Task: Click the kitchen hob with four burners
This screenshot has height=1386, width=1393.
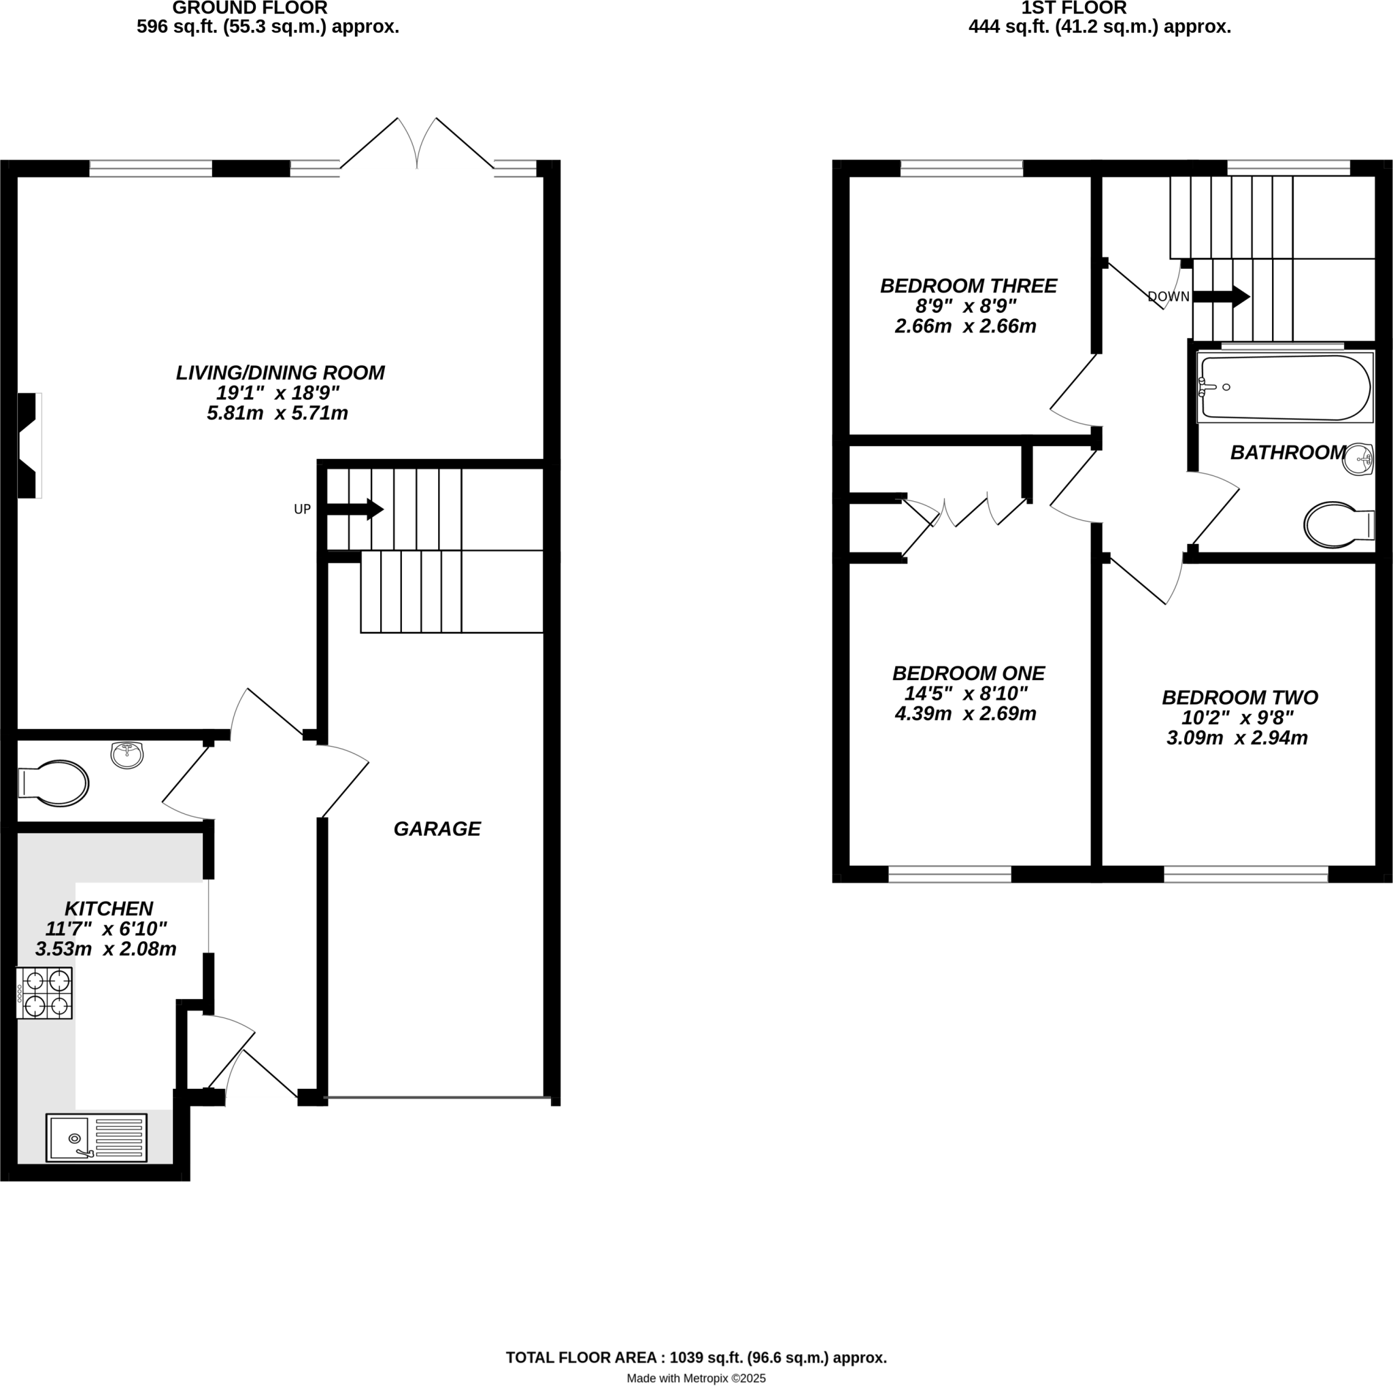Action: (x=45, y=992)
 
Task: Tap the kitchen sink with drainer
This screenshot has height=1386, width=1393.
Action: (x=96, y=1137)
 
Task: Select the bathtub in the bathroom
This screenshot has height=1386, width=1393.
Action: (x=1283, y=388)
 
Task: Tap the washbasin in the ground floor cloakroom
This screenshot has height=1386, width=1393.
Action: (x=127, y=755)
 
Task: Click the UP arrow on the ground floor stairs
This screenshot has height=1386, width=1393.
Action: (x=356, y=509)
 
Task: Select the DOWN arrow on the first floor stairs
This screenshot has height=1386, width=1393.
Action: (x=1222, y=297)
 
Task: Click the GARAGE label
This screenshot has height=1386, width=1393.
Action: (x=437, y=829)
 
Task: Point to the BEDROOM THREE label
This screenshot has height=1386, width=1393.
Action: (x=968, y=286)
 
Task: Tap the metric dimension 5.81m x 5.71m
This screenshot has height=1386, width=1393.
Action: (x=278, y=413)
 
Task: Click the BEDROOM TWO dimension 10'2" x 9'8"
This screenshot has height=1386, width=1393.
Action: (x=1237, y=717)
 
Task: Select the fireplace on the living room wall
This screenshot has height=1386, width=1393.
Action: (x=29, y=445)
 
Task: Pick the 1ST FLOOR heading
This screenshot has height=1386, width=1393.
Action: (x=1073, y=8)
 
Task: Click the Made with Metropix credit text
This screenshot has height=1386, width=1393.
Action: (x=696, y=1377)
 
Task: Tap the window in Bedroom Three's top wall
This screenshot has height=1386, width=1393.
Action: (x=961, y=168)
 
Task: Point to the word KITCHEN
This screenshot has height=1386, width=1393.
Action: (x=109, y=908)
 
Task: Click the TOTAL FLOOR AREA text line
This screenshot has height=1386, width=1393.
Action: (x=696, y=1357)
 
